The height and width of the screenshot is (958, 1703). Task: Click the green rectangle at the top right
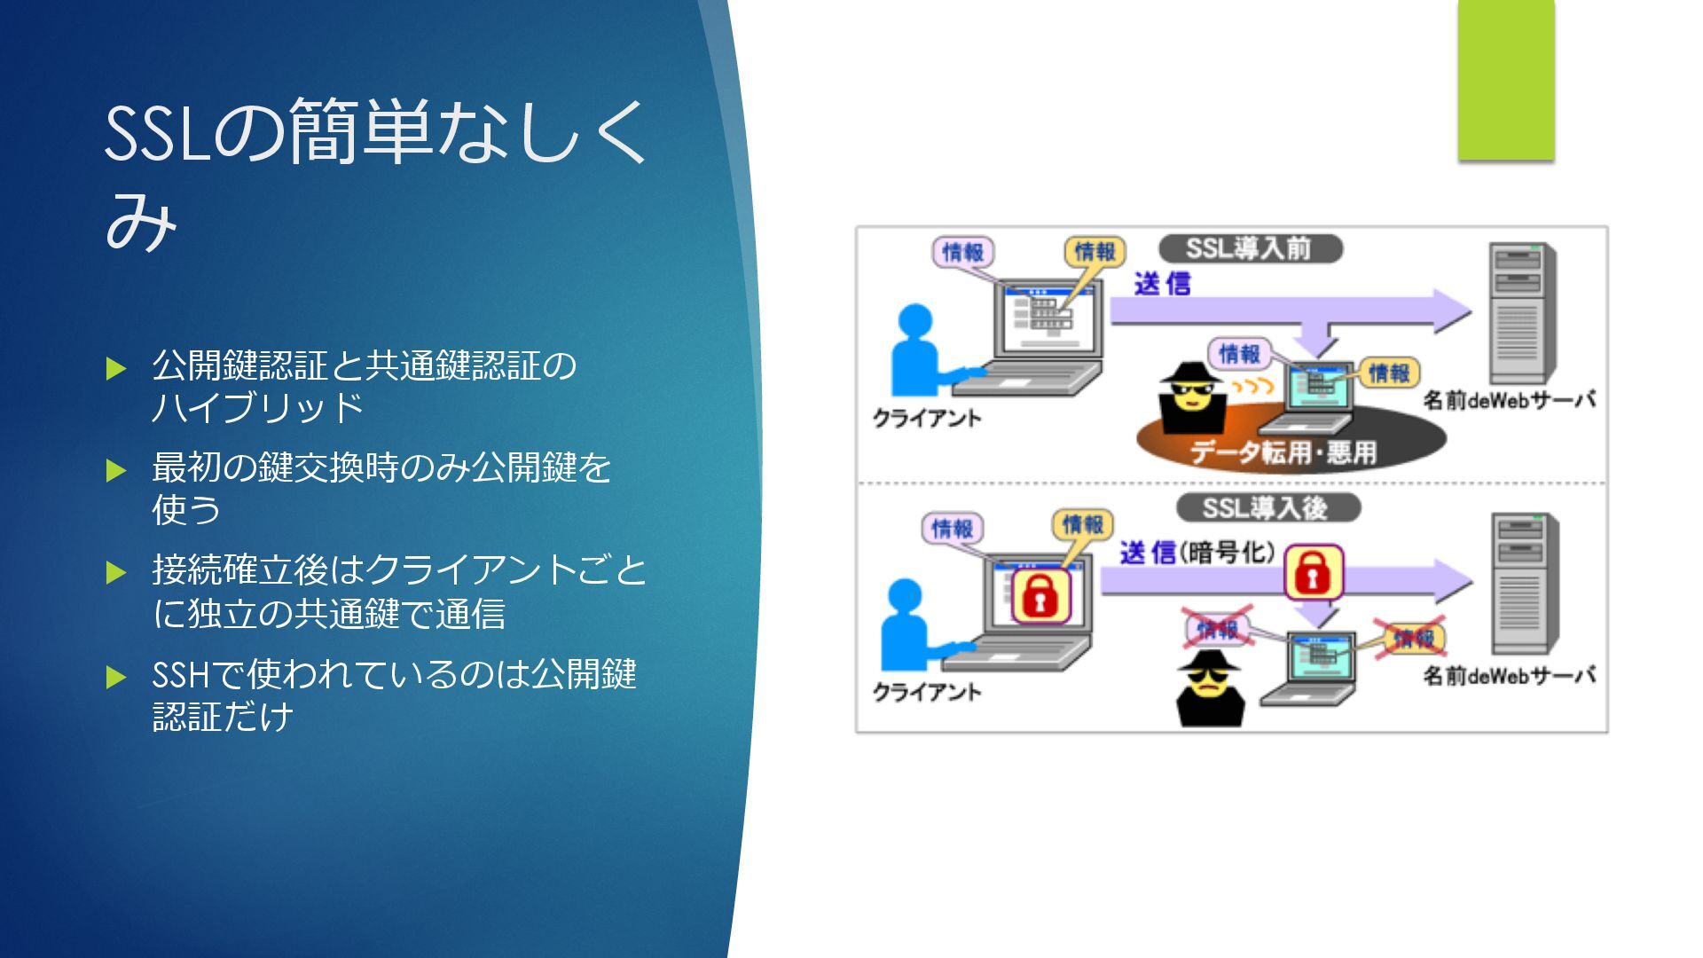(x=1506, y=82)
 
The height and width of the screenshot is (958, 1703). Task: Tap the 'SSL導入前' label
(x=1250, y=248)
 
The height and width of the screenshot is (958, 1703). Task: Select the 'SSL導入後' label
(x=1267, y=508)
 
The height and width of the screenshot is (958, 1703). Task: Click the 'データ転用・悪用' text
(x=1283, y=453)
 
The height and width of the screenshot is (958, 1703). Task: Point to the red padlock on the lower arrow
(x=1314, y=572)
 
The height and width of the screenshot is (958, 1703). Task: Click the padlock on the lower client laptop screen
(x=1040, y=595)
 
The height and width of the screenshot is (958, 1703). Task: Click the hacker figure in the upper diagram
(x=1190, y=397)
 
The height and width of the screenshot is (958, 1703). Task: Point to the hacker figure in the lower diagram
(x=1210, y=687)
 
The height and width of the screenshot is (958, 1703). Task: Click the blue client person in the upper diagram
(x=919, y=350)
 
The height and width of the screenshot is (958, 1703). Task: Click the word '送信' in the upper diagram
(x=1162, y=284)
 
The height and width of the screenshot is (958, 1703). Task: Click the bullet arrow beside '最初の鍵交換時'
(x=116, y=470)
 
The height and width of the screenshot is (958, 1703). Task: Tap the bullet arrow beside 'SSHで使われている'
(x=116, y=678)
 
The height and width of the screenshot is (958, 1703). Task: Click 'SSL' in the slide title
(x=157, y=135)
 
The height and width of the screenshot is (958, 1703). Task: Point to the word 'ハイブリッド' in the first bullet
(x=257, y=407)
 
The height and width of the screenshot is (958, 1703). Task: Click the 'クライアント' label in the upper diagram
(x=927, y=419)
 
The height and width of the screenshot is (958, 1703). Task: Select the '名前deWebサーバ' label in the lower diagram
(x=1509, y=676)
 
